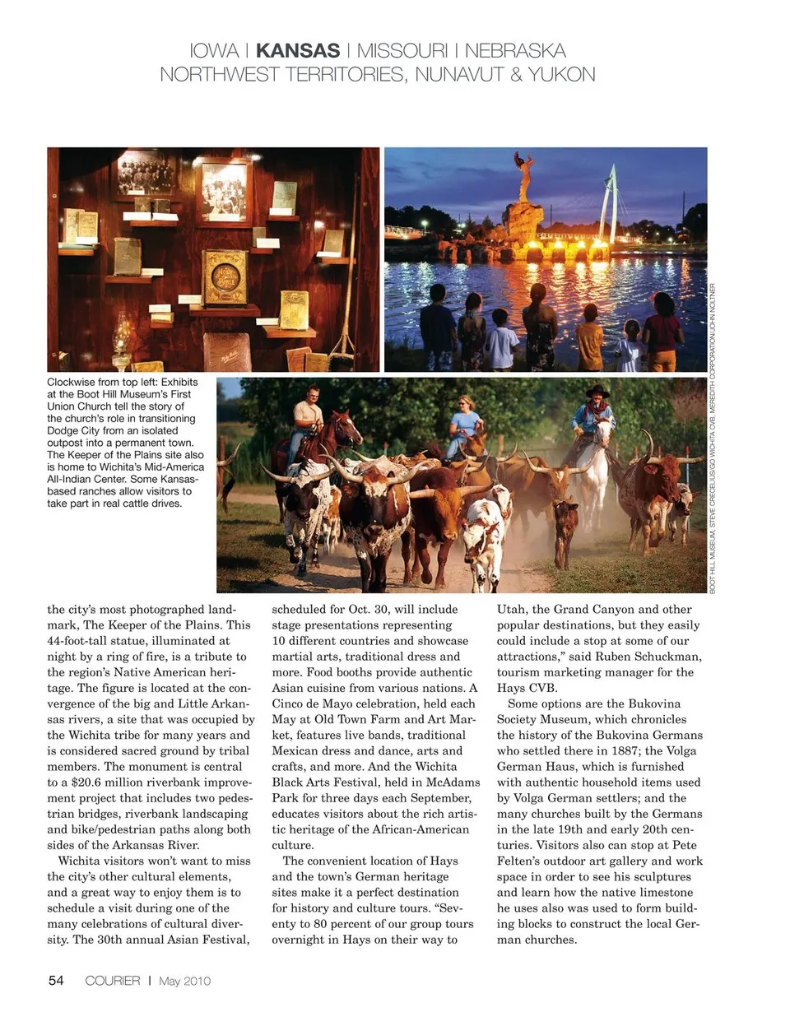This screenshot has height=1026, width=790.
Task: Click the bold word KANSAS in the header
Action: (297, 51)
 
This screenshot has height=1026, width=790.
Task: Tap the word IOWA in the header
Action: (214, 51)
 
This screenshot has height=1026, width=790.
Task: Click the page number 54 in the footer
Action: (56, 980)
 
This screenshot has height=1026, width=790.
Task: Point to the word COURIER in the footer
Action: (113, 981)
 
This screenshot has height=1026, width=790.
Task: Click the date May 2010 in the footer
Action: (184, 981)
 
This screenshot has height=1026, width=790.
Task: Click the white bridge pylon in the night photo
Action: (610, 202)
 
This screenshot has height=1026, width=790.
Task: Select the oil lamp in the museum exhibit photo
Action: (122, 341)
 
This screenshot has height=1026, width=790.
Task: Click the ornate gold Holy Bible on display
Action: (225, 277)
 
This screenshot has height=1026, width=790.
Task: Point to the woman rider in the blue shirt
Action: (467, 420)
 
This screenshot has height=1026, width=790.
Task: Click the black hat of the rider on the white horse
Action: (597, 392)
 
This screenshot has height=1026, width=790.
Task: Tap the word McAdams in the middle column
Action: (453, 782)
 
